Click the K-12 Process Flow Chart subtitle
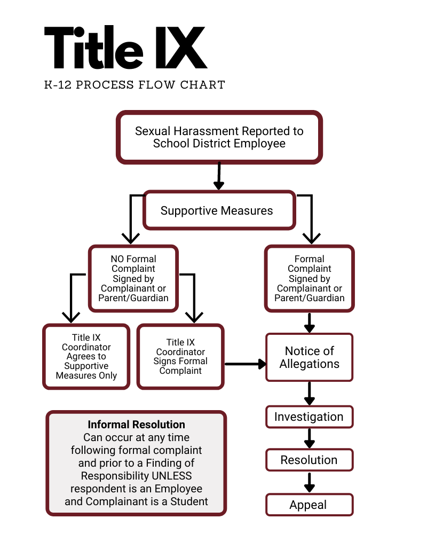coord(135,85)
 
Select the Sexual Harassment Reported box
coord(219,137)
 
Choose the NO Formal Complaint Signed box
coord(133,278)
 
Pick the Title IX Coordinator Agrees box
coord(86,356)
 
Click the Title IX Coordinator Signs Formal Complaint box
coord(180,356)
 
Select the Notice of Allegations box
coord(310,357)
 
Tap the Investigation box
coord(309,417)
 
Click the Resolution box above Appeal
coord(309,460)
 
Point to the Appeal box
coord(309,505)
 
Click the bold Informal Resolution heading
coord(137,425)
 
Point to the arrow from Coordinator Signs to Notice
coord(246,364)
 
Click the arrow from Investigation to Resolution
coord(309,438)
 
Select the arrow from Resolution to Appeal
coord(309,482)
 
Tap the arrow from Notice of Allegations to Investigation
coord(309,395)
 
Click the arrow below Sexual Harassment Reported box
coord(219,176)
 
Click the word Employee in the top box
coord(259,144)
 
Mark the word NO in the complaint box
coord(117,259)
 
